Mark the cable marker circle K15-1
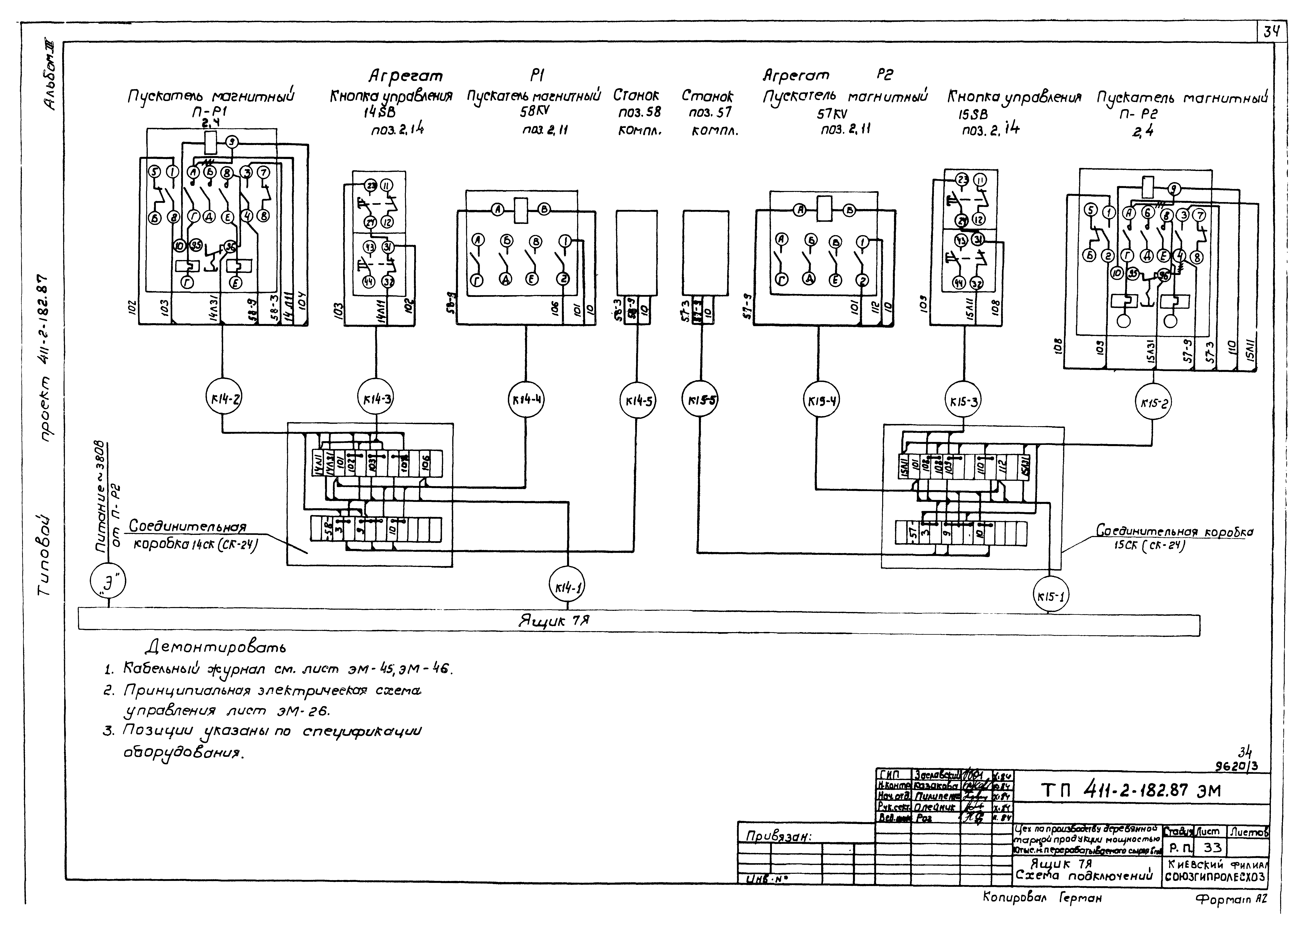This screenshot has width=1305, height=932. click(x=1051, y=596)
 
